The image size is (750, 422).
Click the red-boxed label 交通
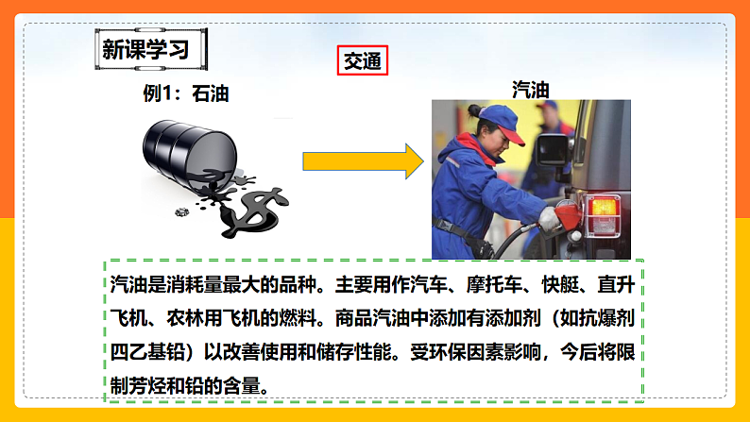point(362,60)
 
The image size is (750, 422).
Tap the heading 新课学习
point(145,50)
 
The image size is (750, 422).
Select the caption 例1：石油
point(185,93)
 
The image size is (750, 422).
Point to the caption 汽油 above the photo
point(531,90)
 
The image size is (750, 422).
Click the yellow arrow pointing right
point(363,161)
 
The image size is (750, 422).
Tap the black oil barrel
point(190,153)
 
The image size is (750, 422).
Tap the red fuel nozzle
point(568,216)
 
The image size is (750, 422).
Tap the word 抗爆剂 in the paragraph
point(606,318)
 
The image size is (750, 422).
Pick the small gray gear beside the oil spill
point(181,211)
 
